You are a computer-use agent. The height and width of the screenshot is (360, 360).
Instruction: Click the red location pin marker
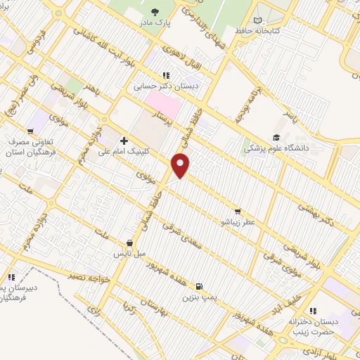[181, 166]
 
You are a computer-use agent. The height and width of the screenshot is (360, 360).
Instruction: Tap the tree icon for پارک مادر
[155, 12]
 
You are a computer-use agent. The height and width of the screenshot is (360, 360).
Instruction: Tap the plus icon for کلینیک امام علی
[124, 140]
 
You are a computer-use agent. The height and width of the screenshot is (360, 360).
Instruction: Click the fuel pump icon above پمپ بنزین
[200, 286]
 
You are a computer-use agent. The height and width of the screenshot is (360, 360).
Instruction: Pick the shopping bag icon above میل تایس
[129, 243]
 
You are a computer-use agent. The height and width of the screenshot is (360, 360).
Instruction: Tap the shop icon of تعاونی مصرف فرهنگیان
[30, 131]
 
